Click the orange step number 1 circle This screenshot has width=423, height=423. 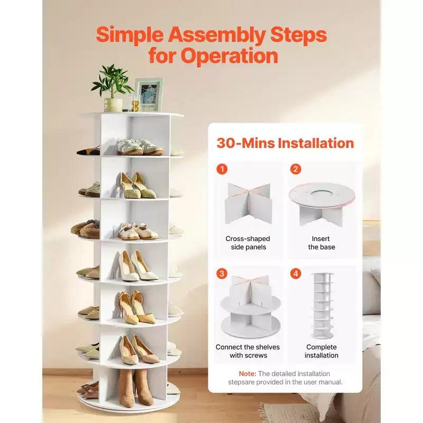point(222,169)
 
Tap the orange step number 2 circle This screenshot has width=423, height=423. point(296,169)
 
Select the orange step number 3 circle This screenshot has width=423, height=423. point(222,273)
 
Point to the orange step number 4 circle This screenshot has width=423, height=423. point(296,273)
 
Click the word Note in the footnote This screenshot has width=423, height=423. point(247,374)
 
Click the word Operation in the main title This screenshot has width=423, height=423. point(229,56)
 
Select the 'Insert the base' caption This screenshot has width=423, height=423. point(321,243)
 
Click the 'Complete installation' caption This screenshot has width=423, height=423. point(321,351)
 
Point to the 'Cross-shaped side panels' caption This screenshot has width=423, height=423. point(248,243)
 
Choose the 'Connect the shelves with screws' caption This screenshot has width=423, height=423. point(248,351)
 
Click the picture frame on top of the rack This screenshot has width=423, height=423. point(149,95)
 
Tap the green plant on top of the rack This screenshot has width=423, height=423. point(112,81)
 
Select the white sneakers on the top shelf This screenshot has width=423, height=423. point(140,147)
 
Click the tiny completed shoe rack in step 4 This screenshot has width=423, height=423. point(322,306)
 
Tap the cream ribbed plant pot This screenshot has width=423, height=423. point(113,105)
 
